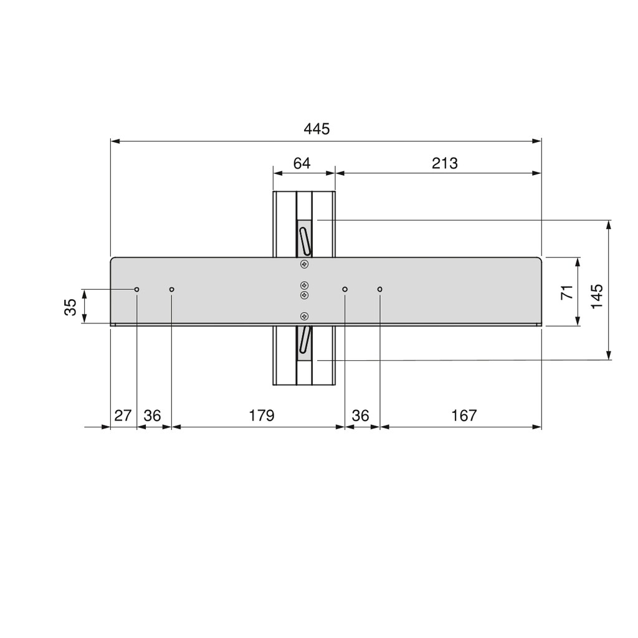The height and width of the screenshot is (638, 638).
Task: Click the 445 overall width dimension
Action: pos(317,129)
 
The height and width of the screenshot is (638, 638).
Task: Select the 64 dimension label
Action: pos(302,163)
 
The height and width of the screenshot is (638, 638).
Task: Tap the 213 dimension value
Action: pos(445,163)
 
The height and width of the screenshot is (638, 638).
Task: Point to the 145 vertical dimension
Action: pos(596,296)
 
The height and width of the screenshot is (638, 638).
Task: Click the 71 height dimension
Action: pos(567,292)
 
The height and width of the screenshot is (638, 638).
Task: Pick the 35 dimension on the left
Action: pos(70,307)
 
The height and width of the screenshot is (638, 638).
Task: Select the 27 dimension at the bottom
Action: pos(123,416)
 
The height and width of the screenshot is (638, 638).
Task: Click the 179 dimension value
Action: pos(262,416)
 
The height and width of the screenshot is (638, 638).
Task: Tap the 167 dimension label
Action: pos(464,416)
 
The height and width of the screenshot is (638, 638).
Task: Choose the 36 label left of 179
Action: pos(152,416)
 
